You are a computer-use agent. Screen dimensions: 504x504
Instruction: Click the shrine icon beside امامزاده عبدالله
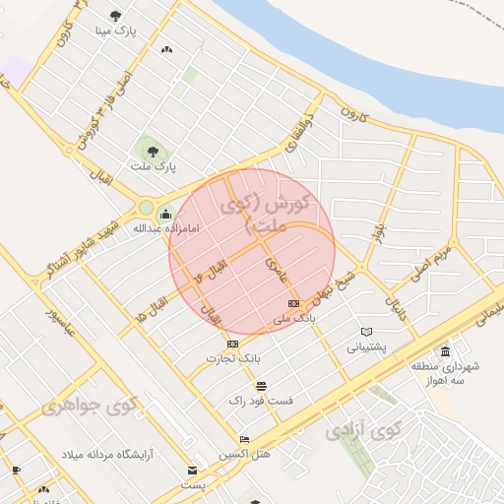pos(164,213)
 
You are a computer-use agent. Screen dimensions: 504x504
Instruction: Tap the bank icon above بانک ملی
pos(293,304)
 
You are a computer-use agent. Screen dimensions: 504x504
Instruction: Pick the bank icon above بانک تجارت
pos(232,344)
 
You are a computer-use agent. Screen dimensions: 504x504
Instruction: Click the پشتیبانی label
pos(368,347)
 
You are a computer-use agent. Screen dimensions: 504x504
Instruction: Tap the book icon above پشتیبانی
pos(367,332)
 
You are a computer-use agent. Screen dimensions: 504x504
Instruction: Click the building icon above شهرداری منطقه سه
pos(446,352)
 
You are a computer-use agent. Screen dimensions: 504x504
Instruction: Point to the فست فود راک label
pos(253,401)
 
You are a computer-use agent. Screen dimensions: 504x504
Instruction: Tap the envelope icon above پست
pos(193,471)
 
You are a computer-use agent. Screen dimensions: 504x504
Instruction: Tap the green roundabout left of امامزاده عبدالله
pos(146,208)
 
